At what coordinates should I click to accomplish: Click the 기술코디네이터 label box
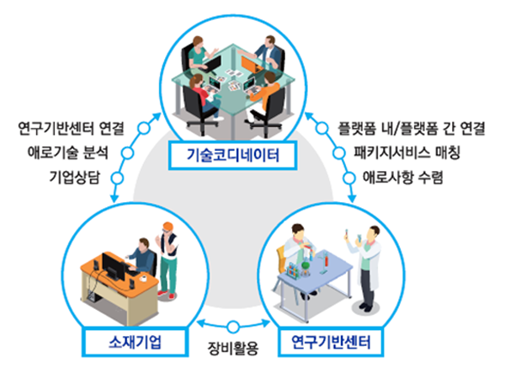point(232,155)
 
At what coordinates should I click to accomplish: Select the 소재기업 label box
point(135,342)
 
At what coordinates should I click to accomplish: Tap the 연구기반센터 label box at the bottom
point(331,342)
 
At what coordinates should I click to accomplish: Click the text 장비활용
point(233,349)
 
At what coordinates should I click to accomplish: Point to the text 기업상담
point(75,177)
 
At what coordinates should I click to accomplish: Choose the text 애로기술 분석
point(67,152)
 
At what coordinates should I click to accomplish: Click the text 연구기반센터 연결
point(71,128)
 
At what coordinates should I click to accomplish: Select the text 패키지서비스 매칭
point(407,152)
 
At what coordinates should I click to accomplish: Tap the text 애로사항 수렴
point(403,177)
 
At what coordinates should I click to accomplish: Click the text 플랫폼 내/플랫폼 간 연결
point(412,128)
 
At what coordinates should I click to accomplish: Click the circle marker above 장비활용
point(233,327)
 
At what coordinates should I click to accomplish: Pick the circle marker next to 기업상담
point(117,178)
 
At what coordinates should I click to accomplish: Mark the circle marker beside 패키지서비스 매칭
point(338,153)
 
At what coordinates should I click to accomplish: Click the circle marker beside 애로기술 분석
point(127,153)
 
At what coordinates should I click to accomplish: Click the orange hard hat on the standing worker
point(167,226)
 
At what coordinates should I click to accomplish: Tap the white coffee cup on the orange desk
point(143,278)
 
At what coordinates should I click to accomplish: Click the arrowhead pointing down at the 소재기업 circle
point(114,198)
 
